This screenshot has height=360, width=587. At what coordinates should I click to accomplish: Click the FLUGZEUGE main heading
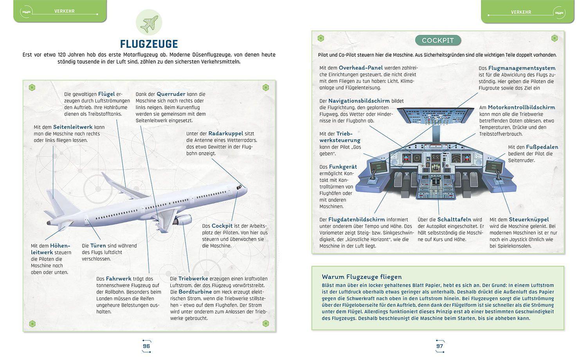(x=149, y=43)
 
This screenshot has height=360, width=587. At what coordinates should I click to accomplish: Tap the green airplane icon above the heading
(x=149, y=22)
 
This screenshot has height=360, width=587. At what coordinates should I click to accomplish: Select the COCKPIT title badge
(x=438, y=40)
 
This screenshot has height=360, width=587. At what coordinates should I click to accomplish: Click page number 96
(x=146, y=346)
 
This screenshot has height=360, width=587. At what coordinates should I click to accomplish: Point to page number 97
(x=439, y=346)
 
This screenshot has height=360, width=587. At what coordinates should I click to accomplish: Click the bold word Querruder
(x=171, y=94)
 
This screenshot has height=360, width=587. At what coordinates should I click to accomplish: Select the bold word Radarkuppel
(x=226, y=133)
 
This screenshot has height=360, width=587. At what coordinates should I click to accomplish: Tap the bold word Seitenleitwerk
(x=73, y=127)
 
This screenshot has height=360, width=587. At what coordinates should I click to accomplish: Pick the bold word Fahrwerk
(x=119, y=279)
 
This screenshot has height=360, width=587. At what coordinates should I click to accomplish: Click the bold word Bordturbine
(x=195, y=292)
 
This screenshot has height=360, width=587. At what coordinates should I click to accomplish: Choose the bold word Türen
(x=98, y=246)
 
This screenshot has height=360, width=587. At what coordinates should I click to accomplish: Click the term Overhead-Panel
(x=361, y=68)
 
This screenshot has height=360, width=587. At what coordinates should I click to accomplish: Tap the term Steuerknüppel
(x=529, y=220)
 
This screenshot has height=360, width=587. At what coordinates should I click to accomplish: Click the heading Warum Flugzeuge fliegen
(x=362, y=277)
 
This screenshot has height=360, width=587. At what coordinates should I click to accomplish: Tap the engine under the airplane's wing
(x=183, y=220)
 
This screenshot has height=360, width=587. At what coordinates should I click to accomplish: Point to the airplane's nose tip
(x=246, y=190)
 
